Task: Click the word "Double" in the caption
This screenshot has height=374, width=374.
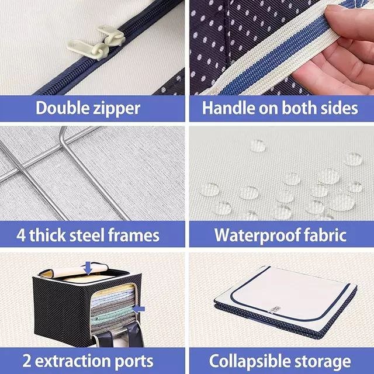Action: click(x=63, y=108)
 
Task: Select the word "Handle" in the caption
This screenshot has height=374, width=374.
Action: click(x=228, y=108)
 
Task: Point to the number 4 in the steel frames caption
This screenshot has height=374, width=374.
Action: click(x=21, y=236)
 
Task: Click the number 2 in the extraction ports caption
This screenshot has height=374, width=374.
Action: click(x=27, y=361)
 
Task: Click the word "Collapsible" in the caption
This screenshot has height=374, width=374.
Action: click(x=250, y=362)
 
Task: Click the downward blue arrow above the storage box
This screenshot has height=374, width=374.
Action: click(x=88, y=268)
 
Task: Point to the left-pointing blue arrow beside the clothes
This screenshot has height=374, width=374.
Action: click(x=138, y=309)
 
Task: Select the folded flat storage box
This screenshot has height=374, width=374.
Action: click(x=286, y=302)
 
